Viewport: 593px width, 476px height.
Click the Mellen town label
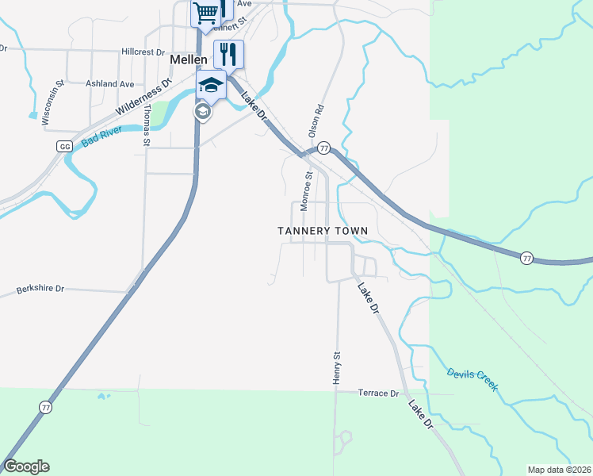click(x=189, y=59)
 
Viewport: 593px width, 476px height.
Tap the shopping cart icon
click(x=205, y=13)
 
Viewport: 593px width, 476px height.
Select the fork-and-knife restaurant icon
click(x=228, y=54)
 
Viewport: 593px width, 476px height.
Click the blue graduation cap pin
click(x=212, y=84)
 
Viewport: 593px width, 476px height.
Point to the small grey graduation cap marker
click(x=202, y=112)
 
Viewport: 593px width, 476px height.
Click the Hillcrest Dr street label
click(x=143, y=52)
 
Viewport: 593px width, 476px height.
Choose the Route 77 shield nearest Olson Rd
click(x=323, y=148)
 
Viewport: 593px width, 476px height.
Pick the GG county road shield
click(x=64, y=147)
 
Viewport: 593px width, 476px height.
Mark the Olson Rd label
click(x=316, y=120)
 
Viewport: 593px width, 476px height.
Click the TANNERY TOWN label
click(x=323, y=231)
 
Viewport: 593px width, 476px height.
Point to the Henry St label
click(x=336, y=370)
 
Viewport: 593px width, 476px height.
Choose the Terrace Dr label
click(x=378, y=393)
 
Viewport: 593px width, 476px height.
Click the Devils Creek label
click(x=472, y=378)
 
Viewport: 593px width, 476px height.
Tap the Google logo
click(x=27, y=466)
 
